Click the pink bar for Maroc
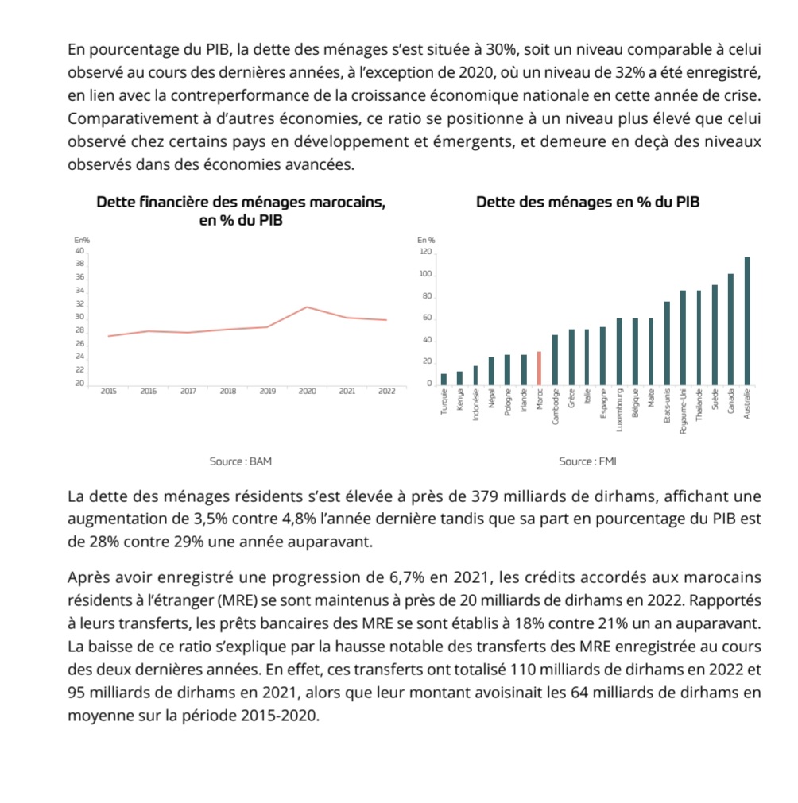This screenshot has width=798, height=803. pos(539,367)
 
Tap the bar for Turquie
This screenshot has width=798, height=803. pos(444,378)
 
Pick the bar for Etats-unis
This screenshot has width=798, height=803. pos(667,342)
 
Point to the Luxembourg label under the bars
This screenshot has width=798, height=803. pos(619,410)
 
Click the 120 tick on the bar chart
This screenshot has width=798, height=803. pos(425,253)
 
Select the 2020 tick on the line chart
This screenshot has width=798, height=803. pos(308,391)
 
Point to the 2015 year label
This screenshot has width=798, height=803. pos(108,391)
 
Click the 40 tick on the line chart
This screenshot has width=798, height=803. pos(79,250)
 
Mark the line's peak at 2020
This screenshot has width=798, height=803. pos(308,307)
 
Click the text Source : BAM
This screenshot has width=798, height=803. pos(234,461)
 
